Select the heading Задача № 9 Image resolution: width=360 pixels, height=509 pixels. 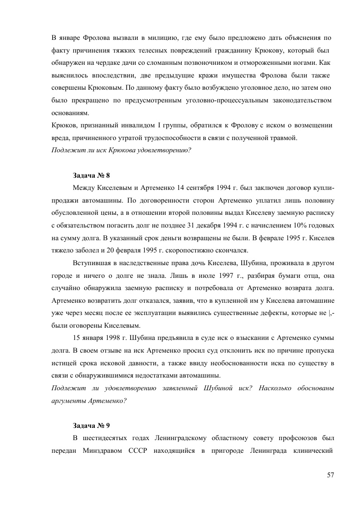[x=91, y=426]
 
